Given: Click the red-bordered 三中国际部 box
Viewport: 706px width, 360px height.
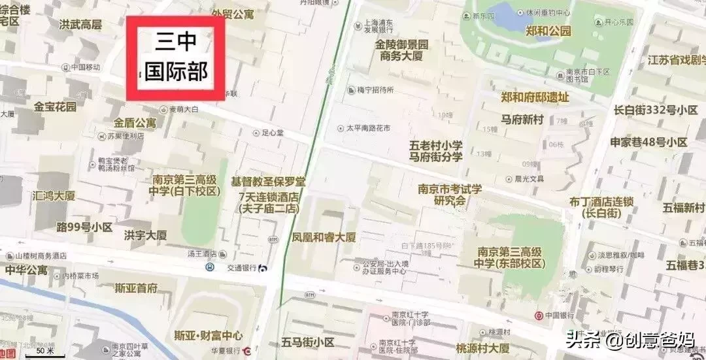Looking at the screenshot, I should point(175,58).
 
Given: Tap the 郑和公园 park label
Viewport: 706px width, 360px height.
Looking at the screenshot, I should point(548,31).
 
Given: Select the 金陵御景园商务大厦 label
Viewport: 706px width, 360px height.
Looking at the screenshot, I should point(401,50).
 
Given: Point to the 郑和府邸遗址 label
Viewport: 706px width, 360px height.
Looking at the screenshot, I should point(535,97).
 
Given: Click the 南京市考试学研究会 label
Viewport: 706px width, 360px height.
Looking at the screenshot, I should point(450,195).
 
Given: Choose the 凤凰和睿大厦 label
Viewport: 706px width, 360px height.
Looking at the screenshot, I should point(324,237).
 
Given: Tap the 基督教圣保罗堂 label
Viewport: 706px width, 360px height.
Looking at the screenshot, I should point(268,181).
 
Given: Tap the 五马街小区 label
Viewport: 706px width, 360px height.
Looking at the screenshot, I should point(307,342).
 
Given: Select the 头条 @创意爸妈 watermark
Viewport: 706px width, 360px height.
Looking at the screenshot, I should point(630,340).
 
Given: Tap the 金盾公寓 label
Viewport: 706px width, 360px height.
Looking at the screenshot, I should point(135,122).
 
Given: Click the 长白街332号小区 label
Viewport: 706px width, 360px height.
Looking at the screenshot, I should point(656,110).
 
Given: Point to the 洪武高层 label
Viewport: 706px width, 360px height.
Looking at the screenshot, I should point(80,25).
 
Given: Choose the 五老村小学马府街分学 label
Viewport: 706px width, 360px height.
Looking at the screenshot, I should point(436,151).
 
